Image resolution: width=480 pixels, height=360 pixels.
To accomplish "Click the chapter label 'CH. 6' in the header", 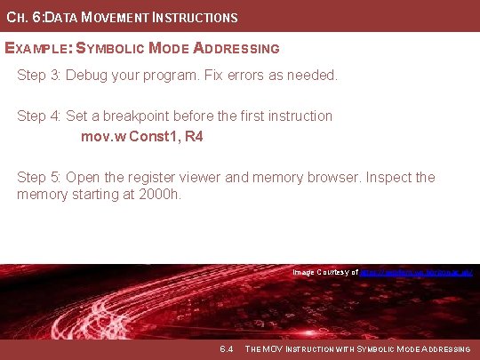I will pos(21,17).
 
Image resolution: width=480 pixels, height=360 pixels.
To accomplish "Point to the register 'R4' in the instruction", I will pos(193,137).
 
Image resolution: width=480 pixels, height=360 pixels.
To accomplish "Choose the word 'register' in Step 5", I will pos(162,177).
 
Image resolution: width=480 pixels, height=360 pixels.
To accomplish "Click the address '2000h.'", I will pos(159,193).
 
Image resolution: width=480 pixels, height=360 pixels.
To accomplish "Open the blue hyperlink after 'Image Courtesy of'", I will pos(416,272).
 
